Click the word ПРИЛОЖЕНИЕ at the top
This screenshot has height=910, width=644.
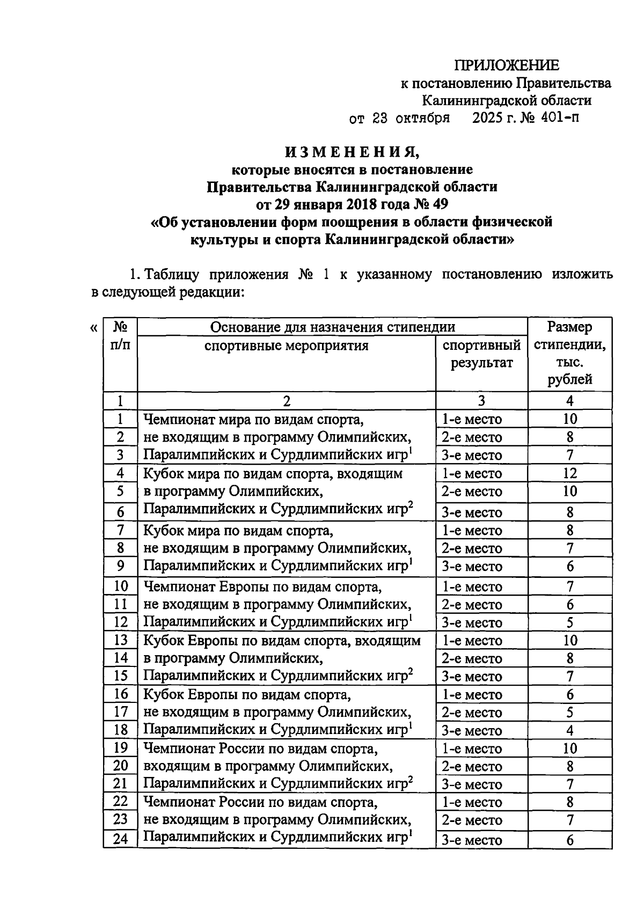point(507,65)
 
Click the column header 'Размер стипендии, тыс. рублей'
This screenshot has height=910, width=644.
point(569,353)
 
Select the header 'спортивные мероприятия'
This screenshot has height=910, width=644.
point(286,345)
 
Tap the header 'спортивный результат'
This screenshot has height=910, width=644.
point(481,354)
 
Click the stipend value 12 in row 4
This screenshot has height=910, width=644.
point(569,473)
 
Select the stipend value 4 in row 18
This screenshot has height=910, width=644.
point(569,730)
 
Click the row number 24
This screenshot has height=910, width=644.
point(120,838)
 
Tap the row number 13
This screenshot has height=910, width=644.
point(120,640)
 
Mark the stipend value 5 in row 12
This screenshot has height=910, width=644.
point(569,622)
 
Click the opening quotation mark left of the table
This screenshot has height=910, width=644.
point(93,327)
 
